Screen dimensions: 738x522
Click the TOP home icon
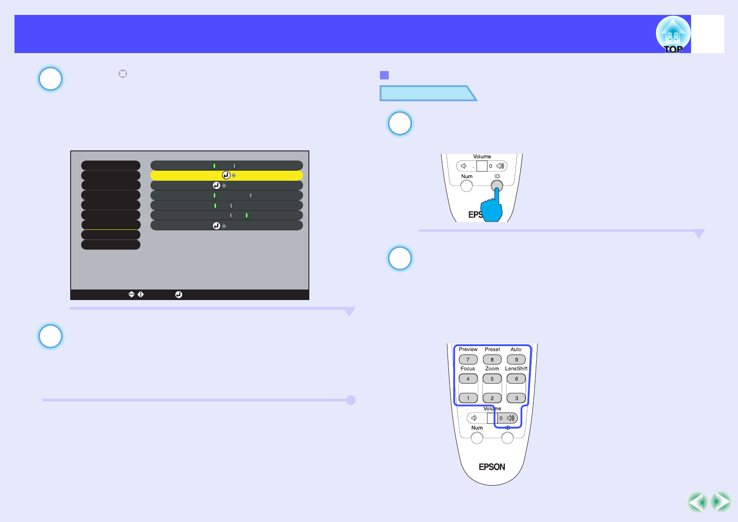pos(673,35)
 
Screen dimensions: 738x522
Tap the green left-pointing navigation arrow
pos(698,502)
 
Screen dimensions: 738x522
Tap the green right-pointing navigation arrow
pos(721,502)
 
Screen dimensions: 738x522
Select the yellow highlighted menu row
pos(226,175)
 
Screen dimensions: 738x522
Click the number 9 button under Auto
pos(516,360)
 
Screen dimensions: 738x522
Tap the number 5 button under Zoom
pos(492,379)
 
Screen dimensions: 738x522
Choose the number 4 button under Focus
pos(468,379)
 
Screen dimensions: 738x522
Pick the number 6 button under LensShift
pos(516,379)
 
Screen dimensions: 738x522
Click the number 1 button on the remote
pos(468,398)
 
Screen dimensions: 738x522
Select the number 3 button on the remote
pos(516,398)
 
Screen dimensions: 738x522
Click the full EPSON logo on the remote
pos(492,467)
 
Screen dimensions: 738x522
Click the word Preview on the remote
pos(468,350)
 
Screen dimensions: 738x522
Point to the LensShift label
pos(516,368)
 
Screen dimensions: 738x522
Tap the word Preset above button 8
pos(492,350)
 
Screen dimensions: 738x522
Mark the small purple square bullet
pos(384,75)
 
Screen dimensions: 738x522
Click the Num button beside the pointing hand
pos(466,186)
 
